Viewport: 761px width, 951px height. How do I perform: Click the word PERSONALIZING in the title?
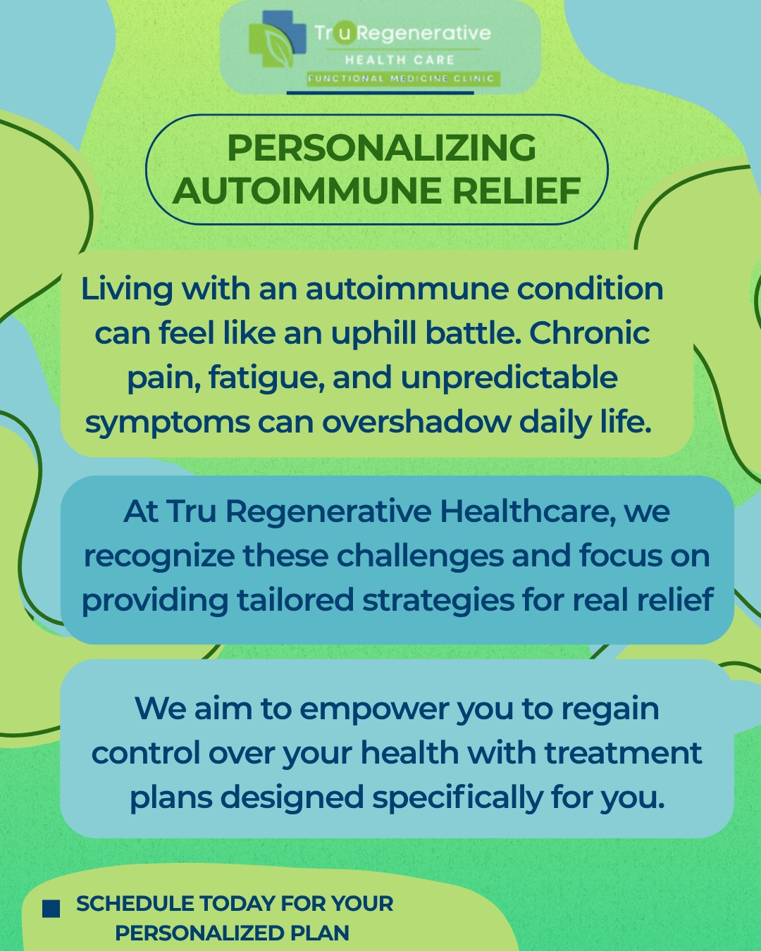(x=381, y=148)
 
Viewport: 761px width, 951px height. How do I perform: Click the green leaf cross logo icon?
(x=277, y=39)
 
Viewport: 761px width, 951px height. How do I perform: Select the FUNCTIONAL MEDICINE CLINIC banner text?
(x=402, y=79)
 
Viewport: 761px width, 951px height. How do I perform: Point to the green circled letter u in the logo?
(x=343, y=32)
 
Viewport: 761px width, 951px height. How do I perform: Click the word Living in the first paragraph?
(x=127, y=290)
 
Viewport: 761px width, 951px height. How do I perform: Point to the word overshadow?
(x=416, y=422)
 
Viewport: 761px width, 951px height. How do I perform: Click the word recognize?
(x=159, y=557)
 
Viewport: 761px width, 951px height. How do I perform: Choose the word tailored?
(x=295, y=600)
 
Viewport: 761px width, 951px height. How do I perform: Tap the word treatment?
(x=623, y=753)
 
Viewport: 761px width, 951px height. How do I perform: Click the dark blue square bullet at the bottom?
(x=51, y=909)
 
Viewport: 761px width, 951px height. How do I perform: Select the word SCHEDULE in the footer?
(x=135, y=904)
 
